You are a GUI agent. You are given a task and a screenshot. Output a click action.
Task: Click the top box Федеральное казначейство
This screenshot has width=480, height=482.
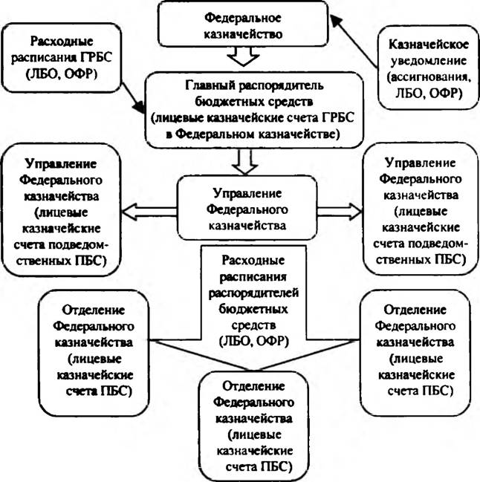point(243,24)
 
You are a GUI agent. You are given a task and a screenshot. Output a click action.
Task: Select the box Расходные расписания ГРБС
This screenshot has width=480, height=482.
point(61,58)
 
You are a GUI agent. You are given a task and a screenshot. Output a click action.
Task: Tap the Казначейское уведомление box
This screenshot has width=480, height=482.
point(428,68)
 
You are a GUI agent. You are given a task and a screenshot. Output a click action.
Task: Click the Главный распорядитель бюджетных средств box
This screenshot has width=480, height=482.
point(254,110)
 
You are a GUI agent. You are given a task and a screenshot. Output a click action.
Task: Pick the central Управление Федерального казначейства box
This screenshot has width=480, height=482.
point(247,207)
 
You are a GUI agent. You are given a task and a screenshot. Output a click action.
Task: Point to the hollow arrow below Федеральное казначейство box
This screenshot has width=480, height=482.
point(243,56)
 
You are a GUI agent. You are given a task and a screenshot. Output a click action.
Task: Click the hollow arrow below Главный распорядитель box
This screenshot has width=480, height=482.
point(244,161)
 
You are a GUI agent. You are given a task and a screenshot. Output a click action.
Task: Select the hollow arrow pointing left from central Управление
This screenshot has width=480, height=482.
point(149,212)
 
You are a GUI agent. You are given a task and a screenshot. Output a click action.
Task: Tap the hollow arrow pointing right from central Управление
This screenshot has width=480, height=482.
point(340,212)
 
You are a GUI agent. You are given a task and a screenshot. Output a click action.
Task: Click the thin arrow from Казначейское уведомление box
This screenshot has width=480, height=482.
point(354,42)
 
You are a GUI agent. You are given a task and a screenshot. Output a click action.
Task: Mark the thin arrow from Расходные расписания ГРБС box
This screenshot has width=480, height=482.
point(134,98)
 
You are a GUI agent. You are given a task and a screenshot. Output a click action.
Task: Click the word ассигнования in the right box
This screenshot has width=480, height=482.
point(429,77)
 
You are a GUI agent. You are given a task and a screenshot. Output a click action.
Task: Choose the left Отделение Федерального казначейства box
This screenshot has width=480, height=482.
point(94,353)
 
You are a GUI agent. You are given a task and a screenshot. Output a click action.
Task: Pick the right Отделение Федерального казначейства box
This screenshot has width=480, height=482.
point(415,353)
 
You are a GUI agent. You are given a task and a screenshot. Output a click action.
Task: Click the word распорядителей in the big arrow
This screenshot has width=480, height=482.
point(253,293)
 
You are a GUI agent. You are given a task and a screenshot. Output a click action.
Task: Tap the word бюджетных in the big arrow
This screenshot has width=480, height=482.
point(253,309)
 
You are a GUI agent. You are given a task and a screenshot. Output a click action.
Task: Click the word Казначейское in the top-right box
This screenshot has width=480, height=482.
point(429,45)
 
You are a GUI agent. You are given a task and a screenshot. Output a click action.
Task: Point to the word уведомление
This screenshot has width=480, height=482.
point(429,61)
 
